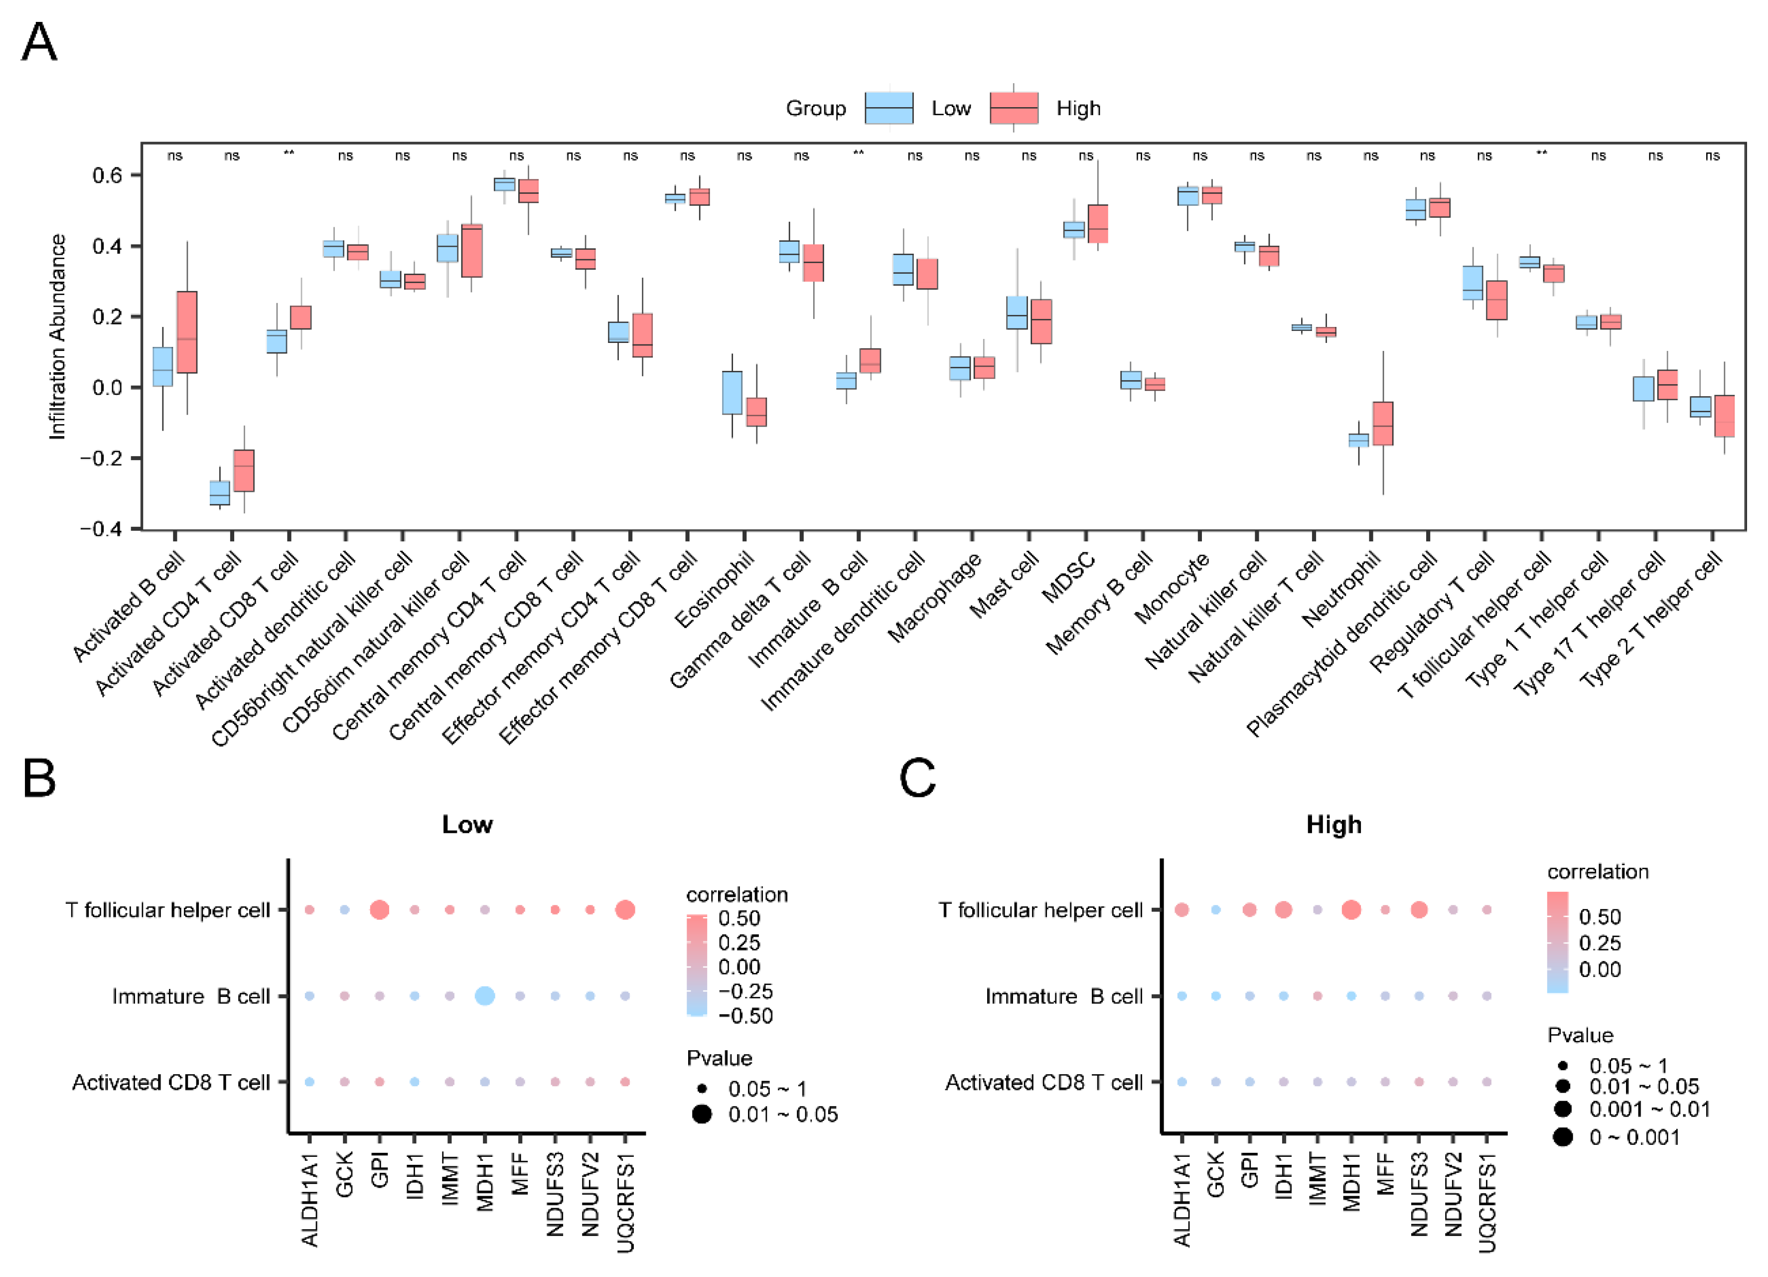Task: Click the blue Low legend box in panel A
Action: (888, 108)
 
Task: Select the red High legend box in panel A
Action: (1014, 108)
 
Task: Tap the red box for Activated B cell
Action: (186, 332)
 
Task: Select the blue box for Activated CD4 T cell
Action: (220, 493)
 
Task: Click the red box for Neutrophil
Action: (1383, 423)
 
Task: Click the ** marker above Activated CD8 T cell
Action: (289, 154)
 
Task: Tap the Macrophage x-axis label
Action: (935, 597)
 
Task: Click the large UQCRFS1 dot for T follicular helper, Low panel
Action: (624, 909)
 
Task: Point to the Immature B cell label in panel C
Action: (1063, 996)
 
